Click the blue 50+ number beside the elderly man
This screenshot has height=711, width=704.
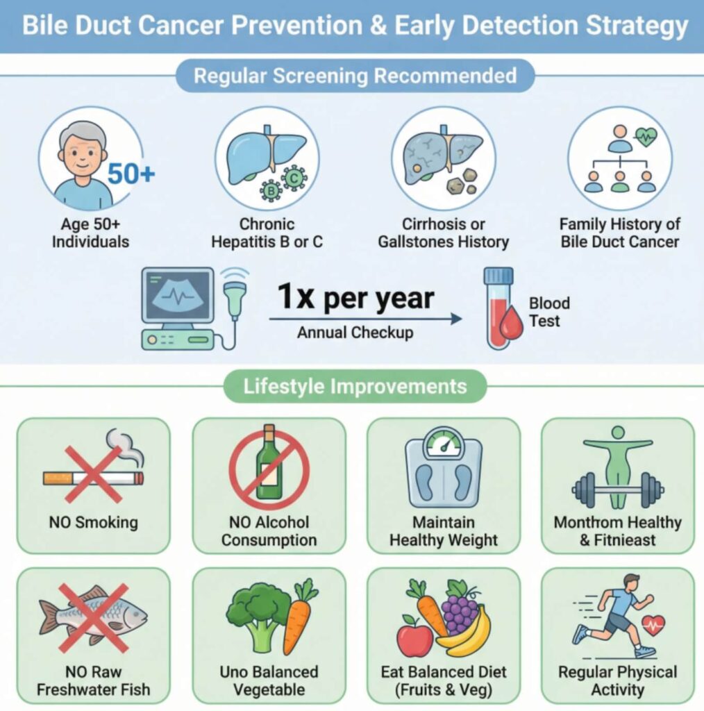[131, 173]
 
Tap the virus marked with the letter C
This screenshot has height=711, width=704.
[294, 178]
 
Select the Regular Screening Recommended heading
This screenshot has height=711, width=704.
[355, 76]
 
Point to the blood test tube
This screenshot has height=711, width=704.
[498, 308]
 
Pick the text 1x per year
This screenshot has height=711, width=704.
[356, 297]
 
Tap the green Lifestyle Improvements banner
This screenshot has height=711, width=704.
[355, 386]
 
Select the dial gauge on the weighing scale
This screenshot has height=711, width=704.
[444, 444]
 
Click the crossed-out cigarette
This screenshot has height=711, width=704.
[94, 478]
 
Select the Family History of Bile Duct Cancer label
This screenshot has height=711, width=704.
[620, 233]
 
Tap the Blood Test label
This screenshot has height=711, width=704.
[549, 312]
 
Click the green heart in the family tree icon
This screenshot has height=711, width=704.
[646, 135]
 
